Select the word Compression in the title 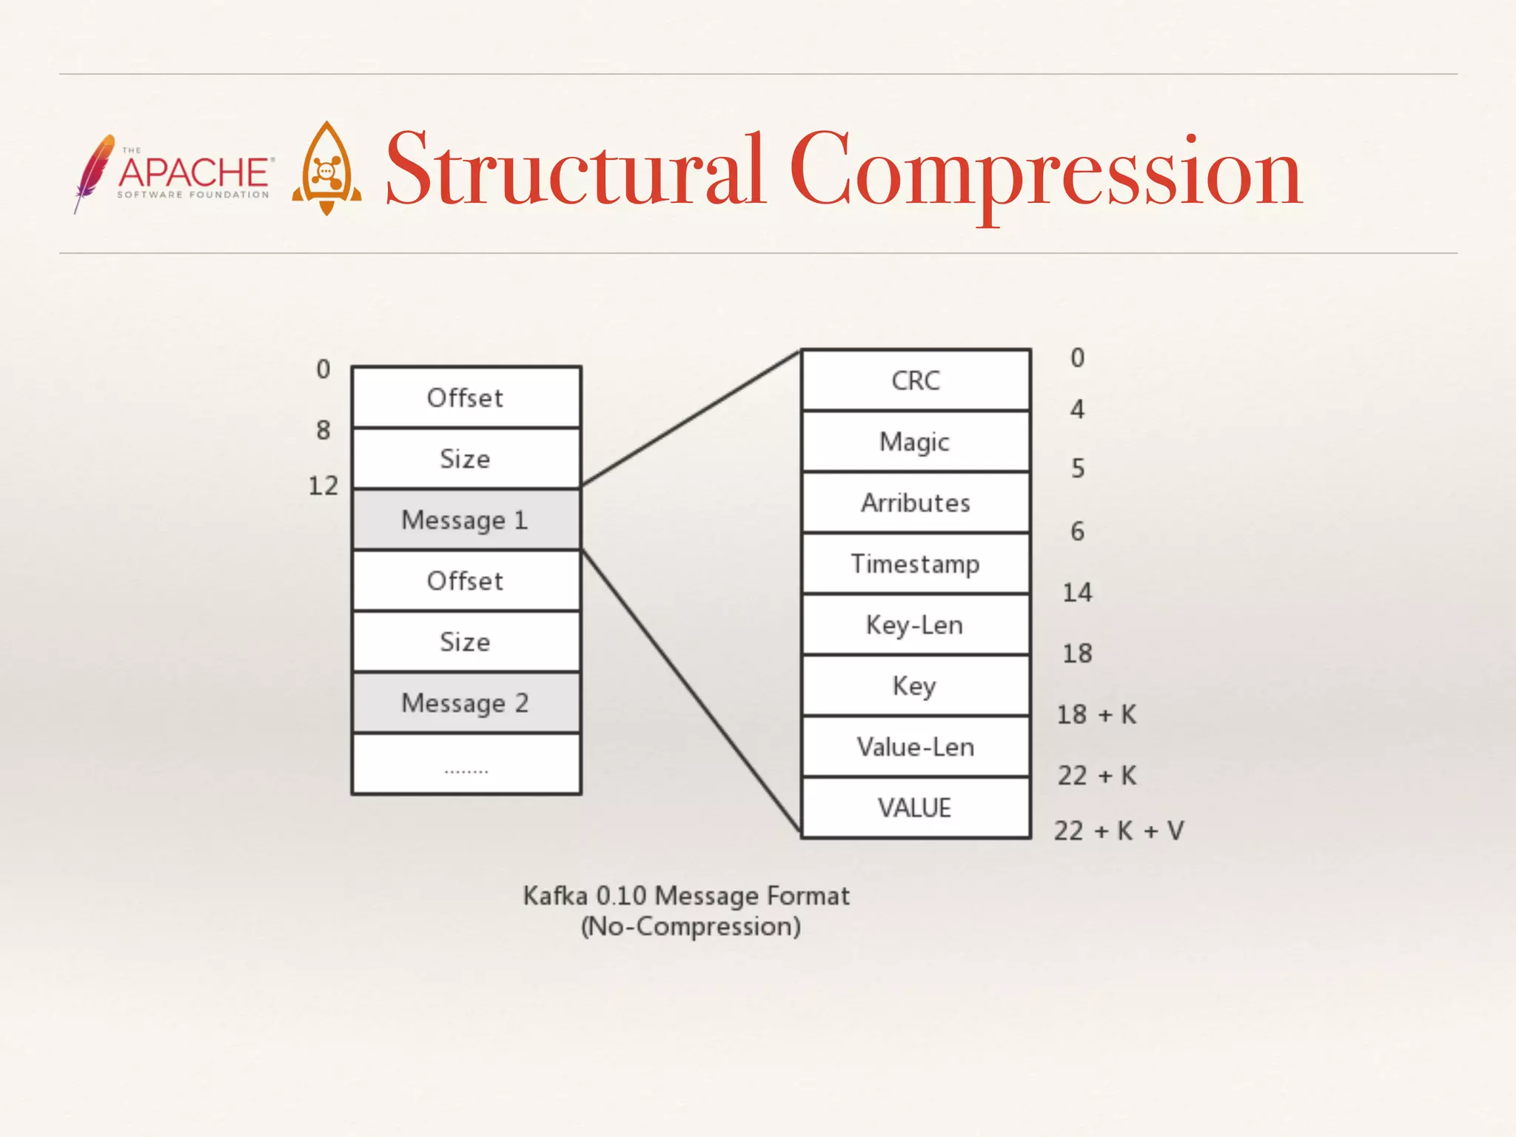1044,170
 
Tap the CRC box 916,380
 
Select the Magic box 916,442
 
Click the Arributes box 916,503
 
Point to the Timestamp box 916,564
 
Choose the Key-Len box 916,625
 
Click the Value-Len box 916,747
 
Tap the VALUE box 916,808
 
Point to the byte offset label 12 323,486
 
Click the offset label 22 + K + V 1118,831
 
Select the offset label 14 1077,592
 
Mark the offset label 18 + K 1096,714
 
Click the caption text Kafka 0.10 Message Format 686,896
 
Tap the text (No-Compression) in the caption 691,927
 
